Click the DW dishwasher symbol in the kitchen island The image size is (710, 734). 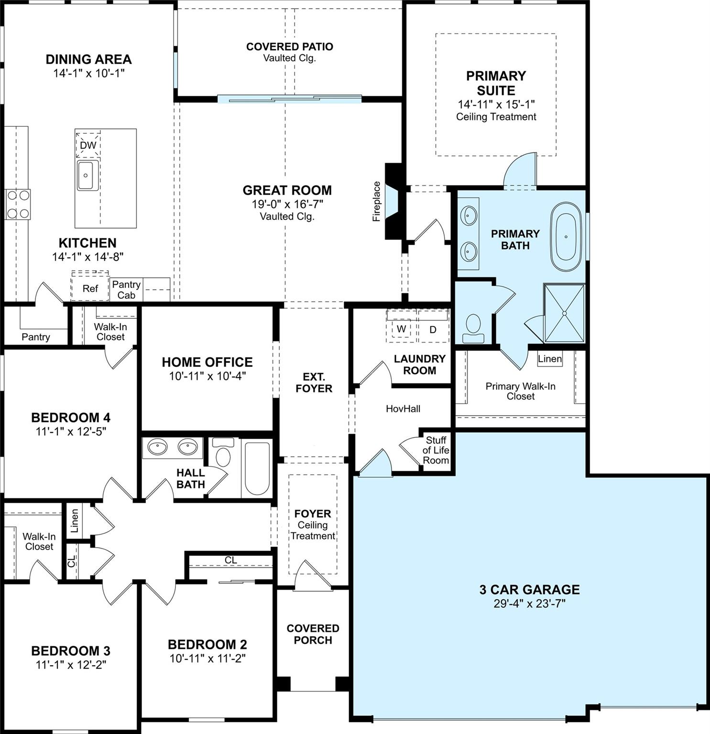point(88,145)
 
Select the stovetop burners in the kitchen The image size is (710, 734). point(18,204)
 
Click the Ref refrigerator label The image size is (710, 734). point(90,288)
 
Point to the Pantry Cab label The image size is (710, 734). point(126,290)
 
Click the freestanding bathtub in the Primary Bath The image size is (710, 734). point(567,237)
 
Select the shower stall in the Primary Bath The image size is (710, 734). point(564,313)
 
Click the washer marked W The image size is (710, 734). point(401,329)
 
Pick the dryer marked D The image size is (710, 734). point(433,329)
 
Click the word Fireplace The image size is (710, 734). point(377,201)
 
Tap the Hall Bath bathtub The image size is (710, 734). point(257,468)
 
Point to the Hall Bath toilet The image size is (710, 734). point(222,452)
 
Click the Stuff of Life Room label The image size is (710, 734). point(436,450)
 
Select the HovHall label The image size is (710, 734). point(403,409)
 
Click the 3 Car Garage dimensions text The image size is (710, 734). point(529,604)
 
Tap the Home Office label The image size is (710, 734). point(207,362)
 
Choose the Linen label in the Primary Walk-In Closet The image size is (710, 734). point(550,358)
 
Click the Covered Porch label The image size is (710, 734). point(313,634)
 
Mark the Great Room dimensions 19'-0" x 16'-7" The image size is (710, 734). point(288,204)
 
